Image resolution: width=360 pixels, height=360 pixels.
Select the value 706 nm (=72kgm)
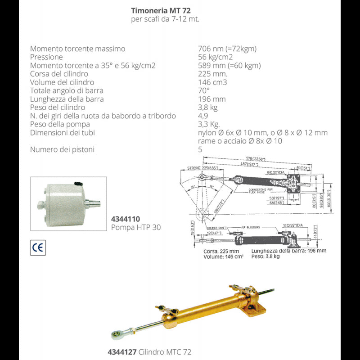[227, 49]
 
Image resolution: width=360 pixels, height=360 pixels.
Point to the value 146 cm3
[214, 82]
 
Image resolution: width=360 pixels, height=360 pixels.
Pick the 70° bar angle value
[203, 90]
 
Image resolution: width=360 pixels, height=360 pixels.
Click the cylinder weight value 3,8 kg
[208, 108]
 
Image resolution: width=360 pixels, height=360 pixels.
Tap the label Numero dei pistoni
[62, 149]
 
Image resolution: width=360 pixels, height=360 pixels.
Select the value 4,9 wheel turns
[203, 116]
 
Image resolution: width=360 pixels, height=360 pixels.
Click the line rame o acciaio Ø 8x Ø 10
[240, 141]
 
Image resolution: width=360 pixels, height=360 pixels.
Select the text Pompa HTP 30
[135, 228]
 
